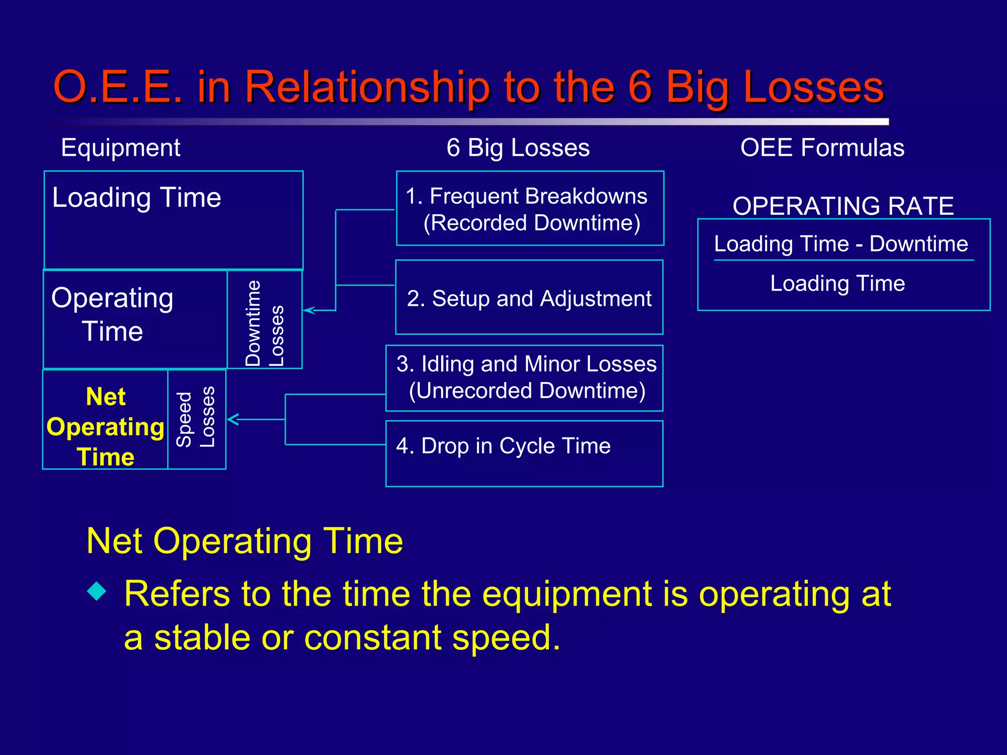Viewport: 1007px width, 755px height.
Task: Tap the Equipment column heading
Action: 120,147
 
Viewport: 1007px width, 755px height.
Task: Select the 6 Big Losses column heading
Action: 518,147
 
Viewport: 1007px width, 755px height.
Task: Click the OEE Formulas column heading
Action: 822,147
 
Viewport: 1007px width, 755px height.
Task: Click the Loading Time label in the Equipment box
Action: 137,198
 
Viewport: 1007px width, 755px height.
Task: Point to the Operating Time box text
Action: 113,315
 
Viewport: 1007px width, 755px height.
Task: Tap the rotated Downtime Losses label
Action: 265,323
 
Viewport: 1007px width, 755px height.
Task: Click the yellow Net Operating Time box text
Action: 105,426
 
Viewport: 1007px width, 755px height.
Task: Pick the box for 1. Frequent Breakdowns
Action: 530,209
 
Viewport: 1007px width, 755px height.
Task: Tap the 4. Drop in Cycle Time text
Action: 503,446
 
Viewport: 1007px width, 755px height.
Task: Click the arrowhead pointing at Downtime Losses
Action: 308,310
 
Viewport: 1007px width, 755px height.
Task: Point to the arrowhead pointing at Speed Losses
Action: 232,419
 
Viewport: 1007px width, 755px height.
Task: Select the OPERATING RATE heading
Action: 843,206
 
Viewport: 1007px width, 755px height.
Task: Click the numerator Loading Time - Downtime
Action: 841,244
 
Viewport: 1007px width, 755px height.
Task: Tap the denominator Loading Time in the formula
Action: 837,283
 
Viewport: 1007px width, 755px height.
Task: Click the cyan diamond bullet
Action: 97,591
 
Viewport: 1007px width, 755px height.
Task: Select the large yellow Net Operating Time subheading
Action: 244,541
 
